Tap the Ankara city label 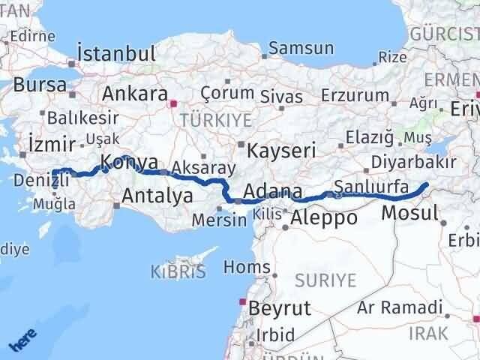coord(134,94)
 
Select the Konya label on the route coord(129,162)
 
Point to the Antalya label coord(157,196)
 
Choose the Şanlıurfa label coord(370,186)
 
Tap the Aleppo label coord(323,218)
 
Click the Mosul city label coord(409,213)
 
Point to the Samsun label coord(301,48)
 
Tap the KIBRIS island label coord(178,272)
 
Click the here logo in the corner coord(22,340)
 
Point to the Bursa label coord(40,85)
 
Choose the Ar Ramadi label coord(399,307)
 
